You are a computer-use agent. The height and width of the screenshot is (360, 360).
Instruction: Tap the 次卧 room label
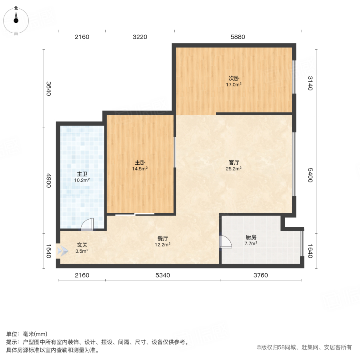(234, 78)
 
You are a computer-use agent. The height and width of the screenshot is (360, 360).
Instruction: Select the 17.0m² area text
(234, 85)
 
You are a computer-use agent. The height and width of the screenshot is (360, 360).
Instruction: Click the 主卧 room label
(140, 163)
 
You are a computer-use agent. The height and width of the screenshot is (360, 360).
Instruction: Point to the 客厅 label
(234, 163)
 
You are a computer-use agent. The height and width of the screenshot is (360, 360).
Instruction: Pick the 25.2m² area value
(234, 169)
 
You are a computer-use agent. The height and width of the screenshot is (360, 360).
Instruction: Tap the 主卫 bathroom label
(82, 174)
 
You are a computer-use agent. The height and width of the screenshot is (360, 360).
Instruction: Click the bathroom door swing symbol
(87, 225)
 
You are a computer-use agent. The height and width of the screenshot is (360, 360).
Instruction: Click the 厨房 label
(251, 237)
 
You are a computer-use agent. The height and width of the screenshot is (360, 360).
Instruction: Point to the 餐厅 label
(163, 238)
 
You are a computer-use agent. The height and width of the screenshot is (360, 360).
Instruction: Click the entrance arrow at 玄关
(62, 251)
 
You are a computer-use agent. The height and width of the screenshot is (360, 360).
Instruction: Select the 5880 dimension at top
(238, 37)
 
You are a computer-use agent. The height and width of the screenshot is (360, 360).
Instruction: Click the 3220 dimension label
(140, 37)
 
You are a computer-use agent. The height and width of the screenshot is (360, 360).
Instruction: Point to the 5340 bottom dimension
(163, 275)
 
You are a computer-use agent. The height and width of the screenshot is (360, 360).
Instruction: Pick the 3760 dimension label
(260, 275)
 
